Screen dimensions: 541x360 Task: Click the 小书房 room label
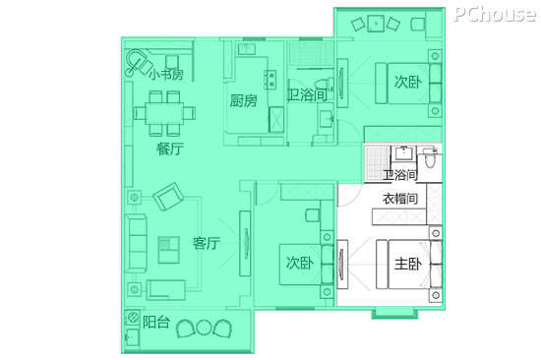pos(166,74)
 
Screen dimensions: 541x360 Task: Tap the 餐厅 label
pos(170,150)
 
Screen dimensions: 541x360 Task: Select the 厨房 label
pos(244,101)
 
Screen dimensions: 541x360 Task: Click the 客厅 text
pos(206,243)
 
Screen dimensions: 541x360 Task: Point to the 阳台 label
pos(156,322)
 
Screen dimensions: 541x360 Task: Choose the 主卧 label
pos(408,264)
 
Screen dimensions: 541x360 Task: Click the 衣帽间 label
pos(400,199)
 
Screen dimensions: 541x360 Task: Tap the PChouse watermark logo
pos(496,14)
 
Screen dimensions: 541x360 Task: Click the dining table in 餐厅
pos(164,113)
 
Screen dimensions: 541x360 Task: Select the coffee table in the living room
pos(169,250)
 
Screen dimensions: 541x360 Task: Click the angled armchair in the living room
pos(168,197)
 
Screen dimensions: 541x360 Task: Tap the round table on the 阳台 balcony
pos(204,328)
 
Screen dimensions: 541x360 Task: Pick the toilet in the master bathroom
pos(429,157)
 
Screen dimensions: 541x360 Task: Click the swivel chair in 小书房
pos(139,62)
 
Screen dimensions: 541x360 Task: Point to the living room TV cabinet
pos(245,243)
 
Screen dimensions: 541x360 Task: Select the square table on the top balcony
pos(376,24)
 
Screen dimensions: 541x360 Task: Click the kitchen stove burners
pos(270,80)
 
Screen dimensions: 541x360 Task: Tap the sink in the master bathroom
pos(403,152)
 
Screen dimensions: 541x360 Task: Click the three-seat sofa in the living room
pos(136,243)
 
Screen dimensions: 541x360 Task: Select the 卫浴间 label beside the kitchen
pos(306,94)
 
